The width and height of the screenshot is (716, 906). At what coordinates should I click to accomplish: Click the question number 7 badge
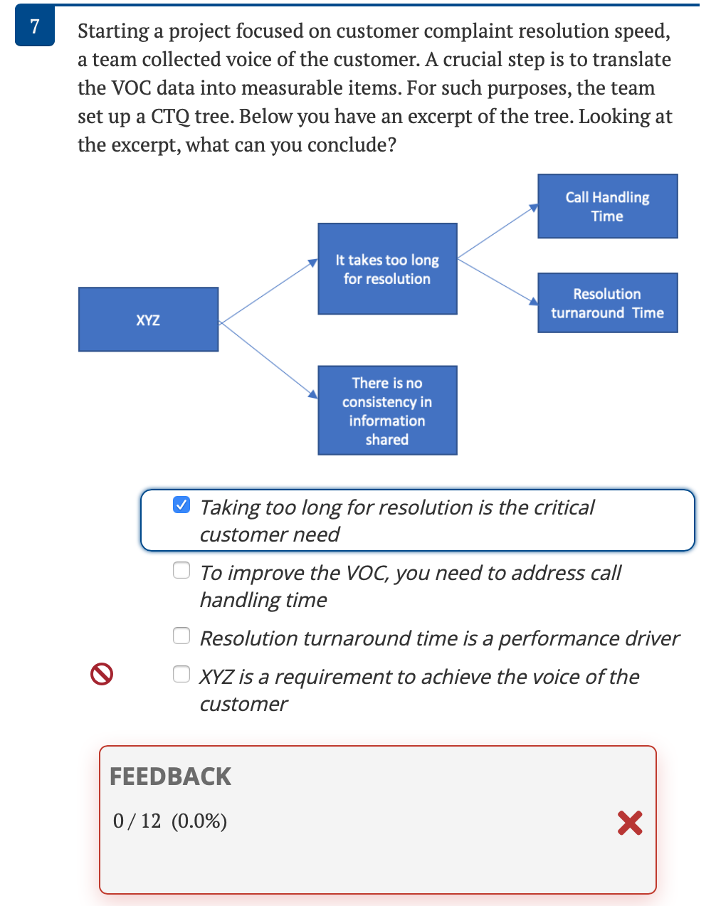34,27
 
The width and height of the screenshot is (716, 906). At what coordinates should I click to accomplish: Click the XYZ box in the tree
148,320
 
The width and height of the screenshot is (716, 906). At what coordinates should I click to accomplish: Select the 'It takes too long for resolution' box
387,269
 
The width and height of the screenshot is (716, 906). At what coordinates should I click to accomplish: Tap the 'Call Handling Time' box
607,206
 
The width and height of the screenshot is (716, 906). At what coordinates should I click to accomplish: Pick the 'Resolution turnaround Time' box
607,303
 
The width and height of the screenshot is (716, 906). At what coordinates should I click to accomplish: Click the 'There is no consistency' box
387,411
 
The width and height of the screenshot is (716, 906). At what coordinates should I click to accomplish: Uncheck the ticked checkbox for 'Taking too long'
182,505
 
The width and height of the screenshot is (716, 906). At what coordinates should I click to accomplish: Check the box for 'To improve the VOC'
182,570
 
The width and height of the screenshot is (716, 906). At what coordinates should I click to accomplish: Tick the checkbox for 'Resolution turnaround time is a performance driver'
182,636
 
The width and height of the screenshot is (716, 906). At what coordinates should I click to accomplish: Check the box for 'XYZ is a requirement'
182,674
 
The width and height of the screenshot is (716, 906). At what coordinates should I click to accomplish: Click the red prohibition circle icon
102,673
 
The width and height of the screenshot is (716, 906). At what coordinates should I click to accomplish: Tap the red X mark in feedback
630,823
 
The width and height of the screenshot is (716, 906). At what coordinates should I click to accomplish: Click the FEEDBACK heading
170,776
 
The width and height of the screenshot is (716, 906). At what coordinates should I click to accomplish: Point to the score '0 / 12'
137,821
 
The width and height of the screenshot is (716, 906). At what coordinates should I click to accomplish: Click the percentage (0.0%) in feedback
199,821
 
